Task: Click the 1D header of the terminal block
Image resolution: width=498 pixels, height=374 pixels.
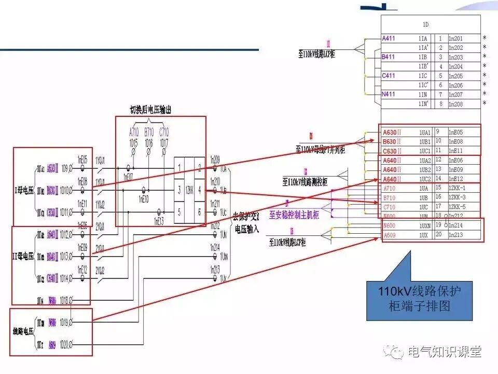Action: click(x=425, y=24)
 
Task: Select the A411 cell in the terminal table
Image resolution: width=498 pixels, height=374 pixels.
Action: click(x=389, y=38)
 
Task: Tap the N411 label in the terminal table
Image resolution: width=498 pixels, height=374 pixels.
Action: click(x=389, y=95)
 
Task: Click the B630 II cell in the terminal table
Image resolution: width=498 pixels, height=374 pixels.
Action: click(x=392, y=141)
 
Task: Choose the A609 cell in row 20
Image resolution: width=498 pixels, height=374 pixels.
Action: click(x=390, y=235)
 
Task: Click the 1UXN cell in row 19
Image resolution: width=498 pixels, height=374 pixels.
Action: click(x=425, y=225)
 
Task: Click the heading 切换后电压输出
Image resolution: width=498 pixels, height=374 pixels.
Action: click(x=150, y=110)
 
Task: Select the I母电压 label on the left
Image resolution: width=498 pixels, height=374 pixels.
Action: click(x=23, y=191)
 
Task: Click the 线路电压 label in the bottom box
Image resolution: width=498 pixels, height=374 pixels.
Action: click(x=23, y=331)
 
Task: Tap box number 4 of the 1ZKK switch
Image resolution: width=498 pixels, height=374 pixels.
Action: click(x=199, y=190)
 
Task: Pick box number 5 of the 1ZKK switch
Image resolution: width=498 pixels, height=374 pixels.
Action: click(x=179, y=211)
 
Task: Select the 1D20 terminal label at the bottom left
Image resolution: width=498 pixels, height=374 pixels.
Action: click(x=64, y=344)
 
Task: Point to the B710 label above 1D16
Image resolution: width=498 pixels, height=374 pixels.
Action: click(x=149, y=132)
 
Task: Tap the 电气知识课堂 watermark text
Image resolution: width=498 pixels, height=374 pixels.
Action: click(x=445, y=352)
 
